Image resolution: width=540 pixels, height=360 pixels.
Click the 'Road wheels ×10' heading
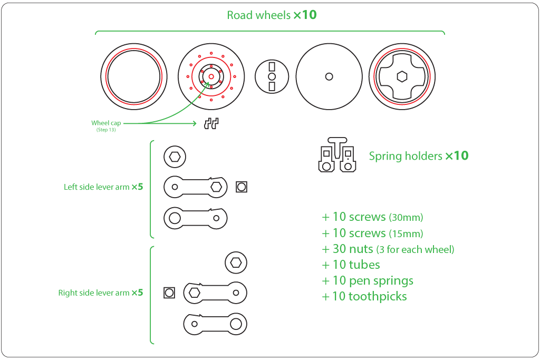(x=272, y=15)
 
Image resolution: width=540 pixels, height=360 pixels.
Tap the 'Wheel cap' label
(x=106, y=123)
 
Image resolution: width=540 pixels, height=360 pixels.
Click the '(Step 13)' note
(x=106, y=130)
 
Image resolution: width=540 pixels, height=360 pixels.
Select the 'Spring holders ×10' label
(x=418, y=156)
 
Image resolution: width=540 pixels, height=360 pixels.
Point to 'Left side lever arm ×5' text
(x=103, y=187)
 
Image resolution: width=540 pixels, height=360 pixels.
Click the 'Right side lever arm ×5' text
(x=100, y=293)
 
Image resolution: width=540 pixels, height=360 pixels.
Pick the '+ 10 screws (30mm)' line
(x=372, y=217)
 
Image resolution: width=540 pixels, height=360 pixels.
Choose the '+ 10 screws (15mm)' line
(x=372, y=233)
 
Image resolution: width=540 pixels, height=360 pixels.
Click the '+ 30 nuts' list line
(x=388, y=249)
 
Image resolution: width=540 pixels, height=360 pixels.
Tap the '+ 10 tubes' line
(x=351, y=265)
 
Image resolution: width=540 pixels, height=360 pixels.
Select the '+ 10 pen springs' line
(x=368, y=280)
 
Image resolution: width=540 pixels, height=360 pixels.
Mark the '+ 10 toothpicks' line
(x=364, y=296)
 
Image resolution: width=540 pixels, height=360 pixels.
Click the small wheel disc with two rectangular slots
(x=272, y=76)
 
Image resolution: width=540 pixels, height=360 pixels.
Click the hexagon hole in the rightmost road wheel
(x=402, y=76)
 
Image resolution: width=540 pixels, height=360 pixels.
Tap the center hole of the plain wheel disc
(x=329, y=76)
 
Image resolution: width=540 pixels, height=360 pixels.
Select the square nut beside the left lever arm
(x=242, y=187)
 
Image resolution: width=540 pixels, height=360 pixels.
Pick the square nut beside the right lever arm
(x=169, y=293)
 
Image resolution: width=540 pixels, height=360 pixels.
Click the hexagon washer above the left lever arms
(x=175, y=156)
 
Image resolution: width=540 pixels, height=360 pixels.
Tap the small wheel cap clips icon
(x=211, y=123)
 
